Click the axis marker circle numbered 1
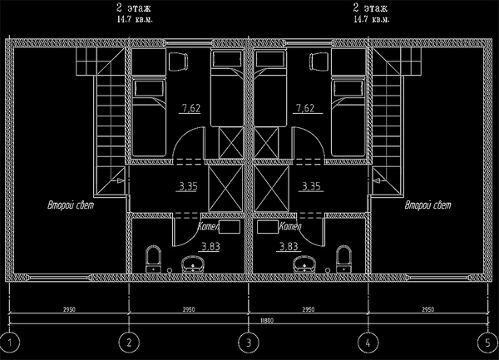click(9, 342)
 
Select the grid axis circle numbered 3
click(247, 342)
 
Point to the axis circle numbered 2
click(128, 342)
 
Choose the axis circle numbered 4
click(367, 342)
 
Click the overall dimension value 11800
click(248, 319)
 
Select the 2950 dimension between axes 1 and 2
click(68, 308)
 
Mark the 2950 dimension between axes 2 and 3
click(187, 308)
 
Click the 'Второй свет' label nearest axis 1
click(68, 205)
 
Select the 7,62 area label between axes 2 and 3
click(190, 108)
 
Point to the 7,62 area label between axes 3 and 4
click(304, 108)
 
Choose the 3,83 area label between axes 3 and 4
click(289, 246)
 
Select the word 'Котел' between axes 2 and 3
click(209, 226)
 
